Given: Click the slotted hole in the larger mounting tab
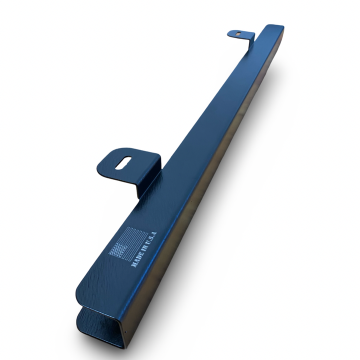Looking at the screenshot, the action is [123, 163].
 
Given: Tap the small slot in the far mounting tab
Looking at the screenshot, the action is [239, 33].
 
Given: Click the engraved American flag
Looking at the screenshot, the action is [128, 243].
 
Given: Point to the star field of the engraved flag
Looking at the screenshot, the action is [118, 249].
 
